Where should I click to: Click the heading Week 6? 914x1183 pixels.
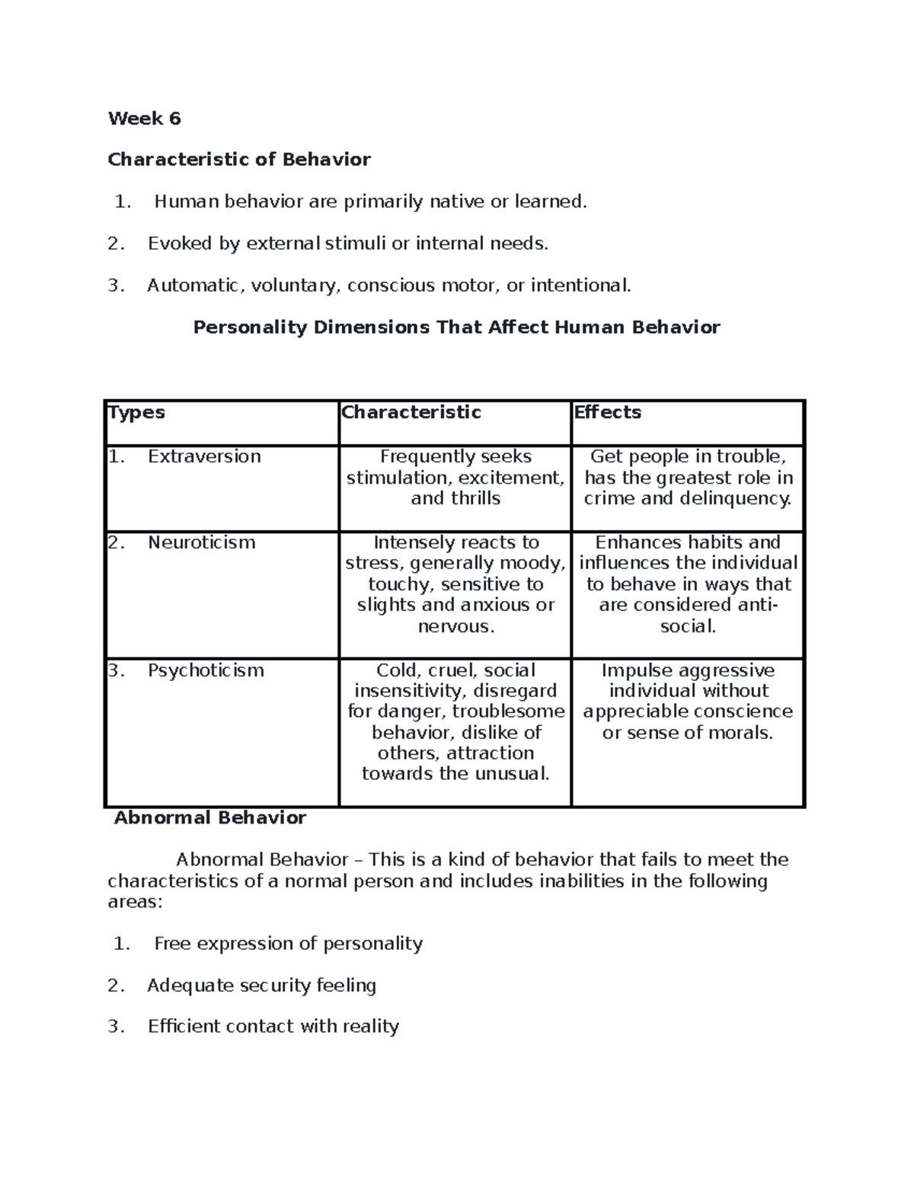144,118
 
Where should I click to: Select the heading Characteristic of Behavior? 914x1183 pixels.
239,159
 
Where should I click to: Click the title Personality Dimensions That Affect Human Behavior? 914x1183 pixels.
456,328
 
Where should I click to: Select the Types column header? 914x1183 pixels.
136,412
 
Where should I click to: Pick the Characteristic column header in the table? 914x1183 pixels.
411,412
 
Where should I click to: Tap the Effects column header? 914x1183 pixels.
607,412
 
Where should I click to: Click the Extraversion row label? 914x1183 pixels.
204,456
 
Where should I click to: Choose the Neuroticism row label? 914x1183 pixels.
201,542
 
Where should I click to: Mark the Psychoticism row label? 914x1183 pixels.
206,670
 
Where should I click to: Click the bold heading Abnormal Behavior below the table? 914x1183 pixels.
209,818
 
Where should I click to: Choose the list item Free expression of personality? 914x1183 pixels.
288,944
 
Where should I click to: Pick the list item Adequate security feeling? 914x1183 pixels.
261,986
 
